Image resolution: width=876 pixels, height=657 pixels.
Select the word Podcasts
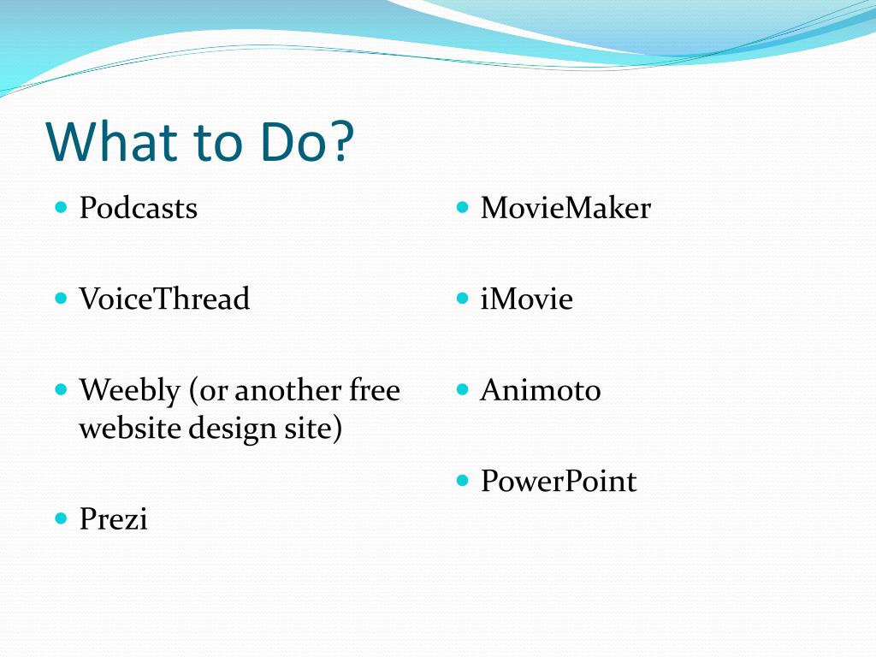[x=138, y=208]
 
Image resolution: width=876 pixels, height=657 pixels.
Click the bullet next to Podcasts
[x=62, y=208]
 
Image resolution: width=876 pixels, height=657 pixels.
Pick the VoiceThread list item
[x=164, y=299]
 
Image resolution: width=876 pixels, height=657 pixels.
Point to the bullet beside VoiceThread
[x=62, y=299]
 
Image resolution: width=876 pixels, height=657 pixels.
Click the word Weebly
[x=130, y=391]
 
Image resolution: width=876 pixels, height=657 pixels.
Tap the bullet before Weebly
[x=62, y=389]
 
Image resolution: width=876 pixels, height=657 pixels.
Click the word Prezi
[x=114, y=519]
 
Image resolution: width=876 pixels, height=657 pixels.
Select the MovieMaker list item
[x=565, y=208]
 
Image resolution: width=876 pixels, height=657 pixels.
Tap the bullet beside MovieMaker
[x=462, y=208]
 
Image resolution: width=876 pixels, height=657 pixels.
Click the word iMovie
[x=526, y=299]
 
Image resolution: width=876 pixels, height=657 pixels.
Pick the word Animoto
[x=541, y=390]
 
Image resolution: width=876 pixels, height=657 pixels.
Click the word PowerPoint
[x=559, y=481]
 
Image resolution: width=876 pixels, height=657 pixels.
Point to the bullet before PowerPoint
[x=462, y=481]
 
